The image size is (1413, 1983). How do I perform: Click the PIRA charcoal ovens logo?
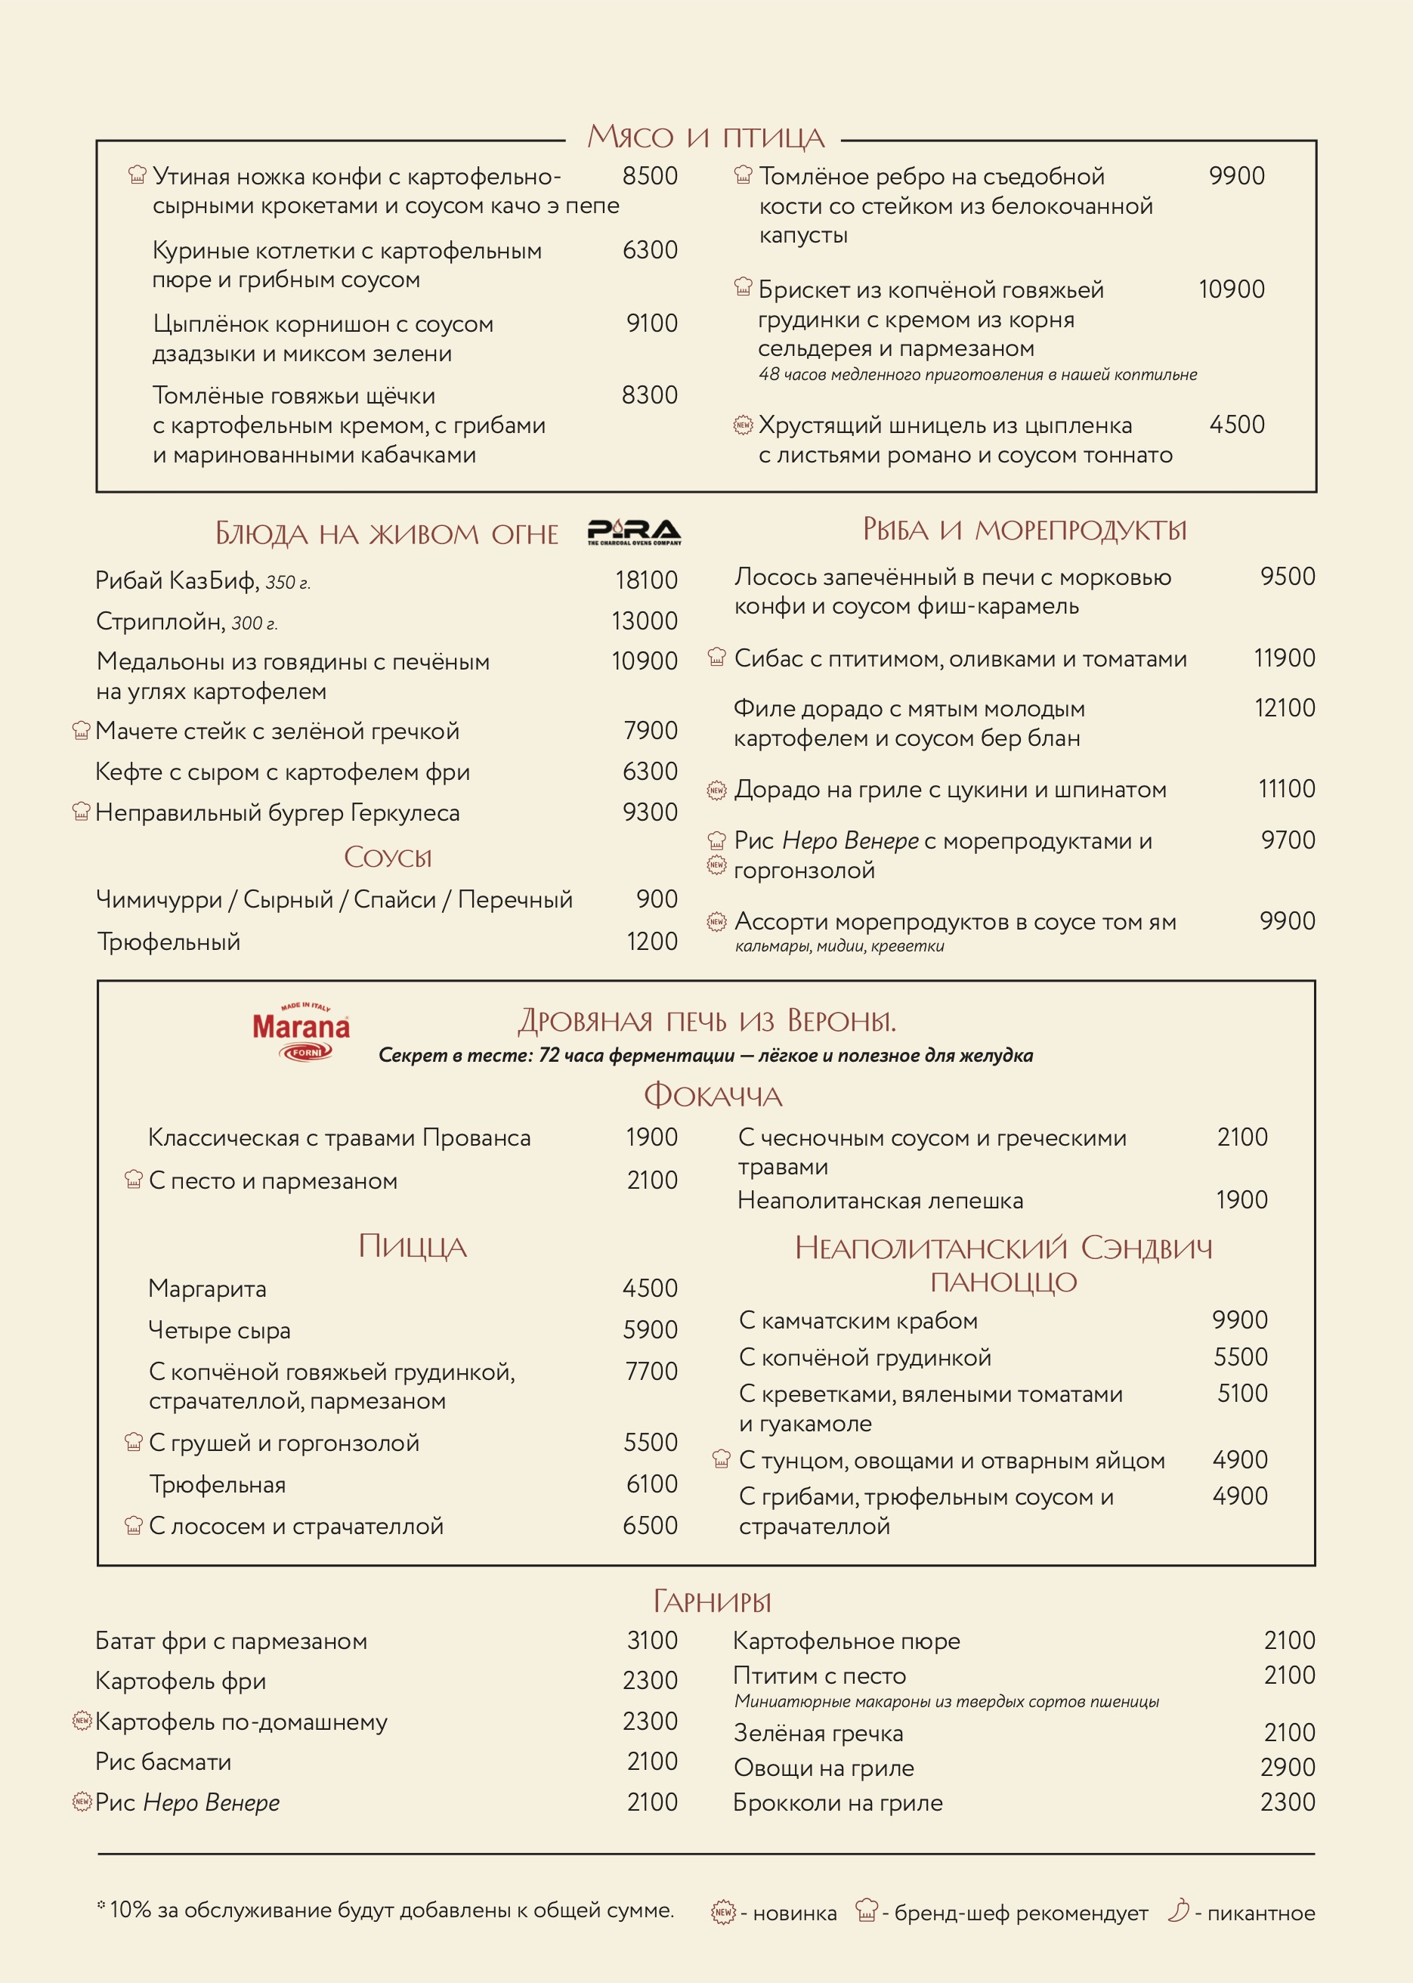[633, 531]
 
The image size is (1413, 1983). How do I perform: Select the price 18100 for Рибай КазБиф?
[645, 580]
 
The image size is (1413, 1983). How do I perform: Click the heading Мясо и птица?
[705, 137]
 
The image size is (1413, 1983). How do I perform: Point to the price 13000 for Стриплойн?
[644, 620]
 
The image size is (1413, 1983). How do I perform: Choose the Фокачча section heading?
[713, 1096]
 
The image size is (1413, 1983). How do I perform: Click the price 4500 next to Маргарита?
[649, 1288]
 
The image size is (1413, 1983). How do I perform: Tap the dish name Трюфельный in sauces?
[168, 942]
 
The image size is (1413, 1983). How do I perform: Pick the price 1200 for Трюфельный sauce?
[651, 942]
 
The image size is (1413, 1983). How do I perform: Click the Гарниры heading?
[712, 1601]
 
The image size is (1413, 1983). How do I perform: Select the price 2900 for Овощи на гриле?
[1287, 1767]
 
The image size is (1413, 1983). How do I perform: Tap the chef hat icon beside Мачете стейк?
[81, 730]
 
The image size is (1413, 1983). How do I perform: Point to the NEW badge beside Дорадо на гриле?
[716, 790]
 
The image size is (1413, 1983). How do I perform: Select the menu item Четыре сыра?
[219, 1329]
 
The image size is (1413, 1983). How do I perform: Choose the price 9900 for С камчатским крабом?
[1239, 1320]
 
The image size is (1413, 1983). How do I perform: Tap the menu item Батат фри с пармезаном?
[230, 1641]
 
